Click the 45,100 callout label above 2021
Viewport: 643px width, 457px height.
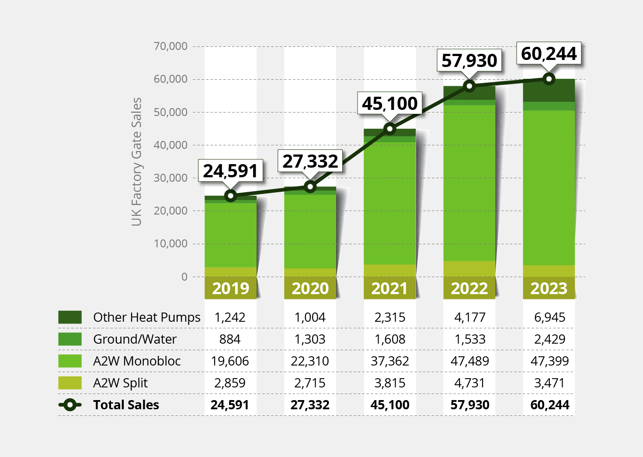(x=389, y=104)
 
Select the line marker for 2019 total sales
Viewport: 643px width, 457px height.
(x=231, y=196)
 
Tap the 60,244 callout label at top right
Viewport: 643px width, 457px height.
(x=549, y=54)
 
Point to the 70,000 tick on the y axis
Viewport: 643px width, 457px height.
(x=170, y=46)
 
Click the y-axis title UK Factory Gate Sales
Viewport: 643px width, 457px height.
(x=137, y=162)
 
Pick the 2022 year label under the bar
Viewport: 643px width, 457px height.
(x=469, y=288)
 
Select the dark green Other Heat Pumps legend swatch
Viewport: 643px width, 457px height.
(x=70, y=317)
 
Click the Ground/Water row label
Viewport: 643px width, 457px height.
(x=135, y=339)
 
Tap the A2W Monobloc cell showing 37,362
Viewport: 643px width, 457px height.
(x=389, y=361)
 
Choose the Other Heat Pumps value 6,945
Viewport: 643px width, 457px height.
(x=549, y=317)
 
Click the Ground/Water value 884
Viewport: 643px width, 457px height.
(x=230, y=339)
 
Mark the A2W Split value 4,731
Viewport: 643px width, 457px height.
(x=469, y=383)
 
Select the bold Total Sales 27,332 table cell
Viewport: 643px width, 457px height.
(x=310, y=405)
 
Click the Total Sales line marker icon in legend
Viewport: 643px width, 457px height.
(x=70, y=405)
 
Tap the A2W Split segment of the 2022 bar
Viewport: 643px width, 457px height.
(x=469, y=269)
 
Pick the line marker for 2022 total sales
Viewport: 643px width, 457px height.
(x=469, y=86)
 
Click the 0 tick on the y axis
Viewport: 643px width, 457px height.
(x=184, y=277)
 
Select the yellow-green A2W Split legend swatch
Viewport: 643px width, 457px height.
(x=70, y=383)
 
